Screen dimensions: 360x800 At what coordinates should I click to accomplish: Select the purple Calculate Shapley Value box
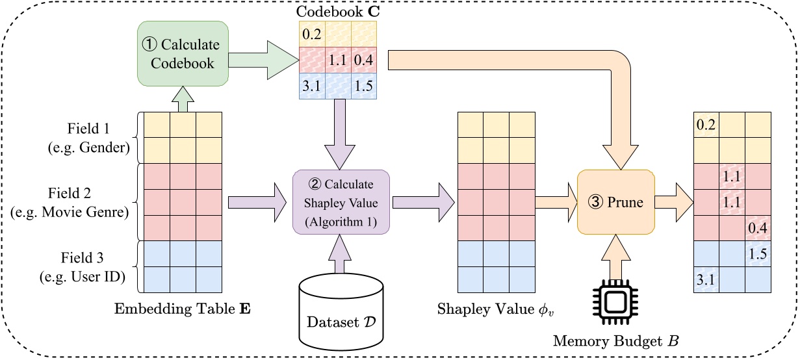coord(341,202)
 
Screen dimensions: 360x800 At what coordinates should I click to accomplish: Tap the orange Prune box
coord(615,202)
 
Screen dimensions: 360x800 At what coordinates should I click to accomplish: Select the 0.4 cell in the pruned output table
coord(757,228)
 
